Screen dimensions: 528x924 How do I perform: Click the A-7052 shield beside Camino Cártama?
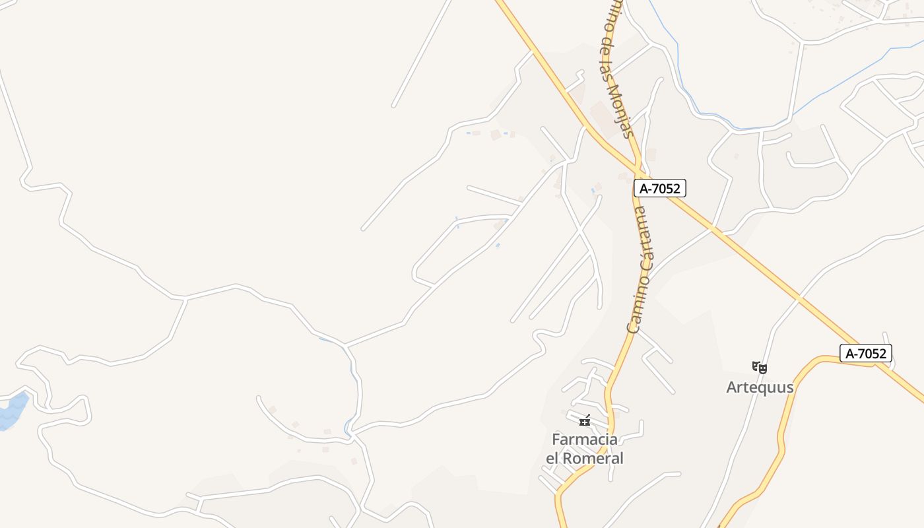[660, 188]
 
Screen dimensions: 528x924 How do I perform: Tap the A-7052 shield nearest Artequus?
[866, 353]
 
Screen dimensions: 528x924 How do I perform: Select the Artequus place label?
[760, 387]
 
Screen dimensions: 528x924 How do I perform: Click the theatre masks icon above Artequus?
[759, 367]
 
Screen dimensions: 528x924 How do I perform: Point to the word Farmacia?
[585, 440]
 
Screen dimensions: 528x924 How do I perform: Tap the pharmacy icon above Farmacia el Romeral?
[585, 420]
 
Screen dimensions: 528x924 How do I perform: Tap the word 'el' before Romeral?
[553, 458]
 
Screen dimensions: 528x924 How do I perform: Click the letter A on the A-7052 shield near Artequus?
[850, 353]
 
